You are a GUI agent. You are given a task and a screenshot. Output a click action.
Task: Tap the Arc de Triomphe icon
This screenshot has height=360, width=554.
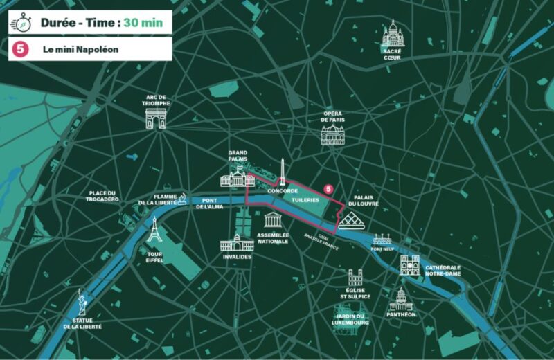(156, 118)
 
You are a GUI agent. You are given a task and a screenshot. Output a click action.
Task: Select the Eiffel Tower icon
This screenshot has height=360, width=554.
(154, 230)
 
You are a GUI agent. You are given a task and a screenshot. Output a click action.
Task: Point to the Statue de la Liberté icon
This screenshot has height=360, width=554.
(82, 303)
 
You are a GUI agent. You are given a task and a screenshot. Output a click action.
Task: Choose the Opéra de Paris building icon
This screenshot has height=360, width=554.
(332, 135)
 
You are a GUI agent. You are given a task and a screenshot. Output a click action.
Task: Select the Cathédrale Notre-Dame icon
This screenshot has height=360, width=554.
(410, 264)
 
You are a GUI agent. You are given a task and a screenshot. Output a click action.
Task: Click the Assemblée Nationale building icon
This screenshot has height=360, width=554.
(274, 221)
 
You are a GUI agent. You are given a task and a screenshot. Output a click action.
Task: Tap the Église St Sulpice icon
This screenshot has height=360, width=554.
(355, 278)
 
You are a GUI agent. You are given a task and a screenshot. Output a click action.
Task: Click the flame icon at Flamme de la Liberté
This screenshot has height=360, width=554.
(182, 199)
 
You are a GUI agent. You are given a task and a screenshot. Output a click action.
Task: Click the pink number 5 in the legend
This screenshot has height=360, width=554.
(21, 49)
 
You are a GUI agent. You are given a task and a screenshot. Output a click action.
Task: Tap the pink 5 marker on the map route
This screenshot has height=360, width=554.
(328, 188)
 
